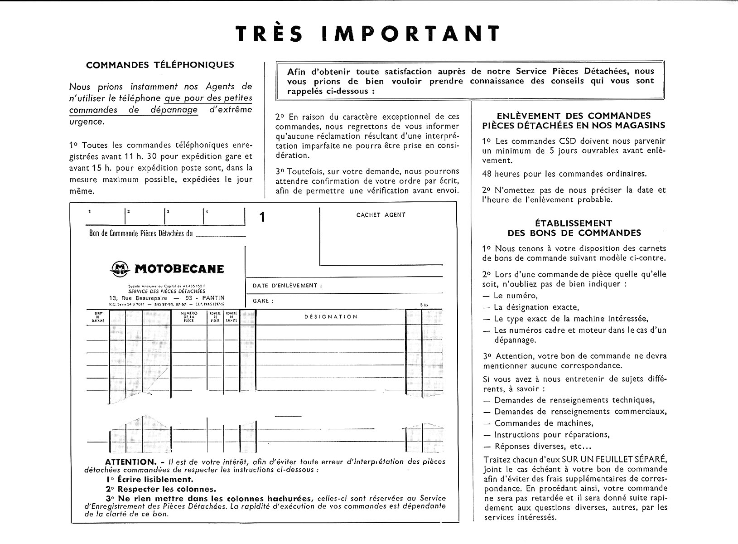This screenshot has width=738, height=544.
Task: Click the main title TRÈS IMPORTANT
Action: pyautogui.click(x=368, y=34)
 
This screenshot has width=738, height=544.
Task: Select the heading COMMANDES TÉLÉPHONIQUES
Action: pyautogui.click(x=160, y=65)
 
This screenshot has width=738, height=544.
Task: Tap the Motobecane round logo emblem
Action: pyautogui.click(x=120, y=269)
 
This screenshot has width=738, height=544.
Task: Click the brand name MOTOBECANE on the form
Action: pyautogui.click(x=179, y=269)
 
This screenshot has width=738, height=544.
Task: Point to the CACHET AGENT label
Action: pyautogui.click(x=381, y=215)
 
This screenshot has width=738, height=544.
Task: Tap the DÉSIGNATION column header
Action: pyautogui.click(x=331, y=317)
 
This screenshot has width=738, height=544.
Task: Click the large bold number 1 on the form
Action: pyautogui.click(x=262, y=218)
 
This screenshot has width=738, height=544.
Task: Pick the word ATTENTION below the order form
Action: pyautogui.click(x=130, y=461)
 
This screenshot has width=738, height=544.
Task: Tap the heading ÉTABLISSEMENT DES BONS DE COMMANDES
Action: pyautogui.click(x=574, y=228)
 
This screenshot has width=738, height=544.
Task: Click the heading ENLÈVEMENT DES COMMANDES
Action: pyautogui.click(x=574, y=116)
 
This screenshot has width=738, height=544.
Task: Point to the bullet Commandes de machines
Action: pyautogui.click(x=543, y=423)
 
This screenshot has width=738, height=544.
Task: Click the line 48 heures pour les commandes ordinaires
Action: pyautogui.click(x=564, y=174)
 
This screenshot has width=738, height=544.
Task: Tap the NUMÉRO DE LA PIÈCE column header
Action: pyautogui.click(x=189, y=317)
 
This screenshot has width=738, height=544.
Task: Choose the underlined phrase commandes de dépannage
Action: pyautogui.click(x=133, y=110)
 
